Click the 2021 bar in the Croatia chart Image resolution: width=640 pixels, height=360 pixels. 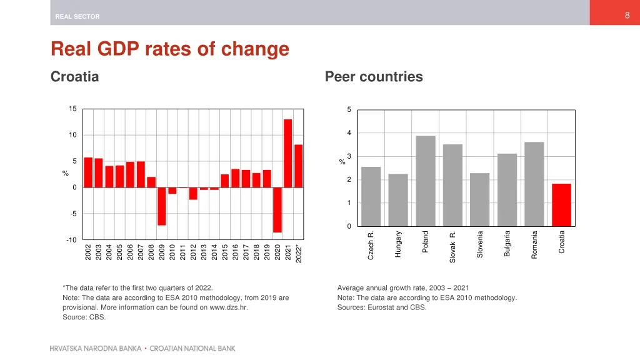(x=288, y=153)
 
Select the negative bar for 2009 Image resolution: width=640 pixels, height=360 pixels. (x=162, y=206)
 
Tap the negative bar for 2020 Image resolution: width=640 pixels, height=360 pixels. (x=277, y=210)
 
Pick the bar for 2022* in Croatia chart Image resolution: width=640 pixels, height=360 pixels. (x=299, y=166)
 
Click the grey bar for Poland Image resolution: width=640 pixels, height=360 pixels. (x=426, y=181)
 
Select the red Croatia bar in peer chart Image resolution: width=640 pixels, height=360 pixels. (x=561, y=205)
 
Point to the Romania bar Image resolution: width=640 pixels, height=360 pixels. (x=534, y=184)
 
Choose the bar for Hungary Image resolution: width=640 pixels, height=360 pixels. (x=398, y=200)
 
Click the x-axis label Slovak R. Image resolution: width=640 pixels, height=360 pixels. (x=453, y=246)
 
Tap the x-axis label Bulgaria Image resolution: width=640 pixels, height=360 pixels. (x=507, y=243)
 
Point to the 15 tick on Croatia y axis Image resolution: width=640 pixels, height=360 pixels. (x=72, y=109)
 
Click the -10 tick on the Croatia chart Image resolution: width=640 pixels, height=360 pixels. (x=71, y=240)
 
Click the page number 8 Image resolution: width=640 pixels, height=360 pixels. (x=627, y=16)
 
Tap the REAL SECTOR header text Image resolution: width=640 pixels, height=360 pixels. (x=77, y=17)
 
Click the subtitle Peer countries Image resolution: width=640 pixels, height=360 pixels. (x=374, y=77)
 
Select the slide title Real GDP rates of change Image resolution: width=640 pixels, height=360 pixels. (x=169, y=49)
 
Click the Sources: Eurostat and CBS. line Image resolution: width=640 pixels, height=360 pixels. (x=381, y=307)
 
